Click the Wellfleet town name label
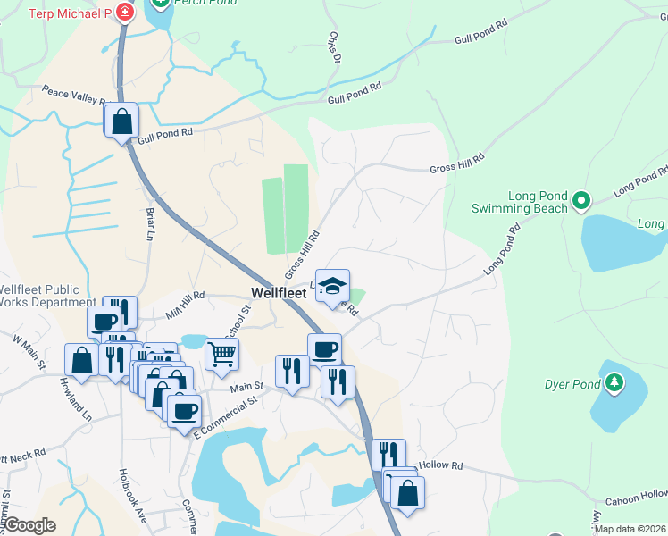pyautogui.click(x=279, y=293)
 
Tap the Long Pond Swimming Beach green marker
pyautogui.click(x=581, y=201)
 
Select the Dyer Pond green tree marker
pyautogui.click(x=614, y=384)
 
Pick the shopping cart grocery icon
pyautogui.click(x=221, y=353)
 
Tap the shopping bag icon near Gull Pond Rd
pyautogui.click(x=121, y=120)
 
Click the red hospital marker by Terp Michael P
pyautogui.click(x=124, y=13)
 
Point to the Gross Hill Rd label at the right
pyautogui.click(x=456, y=163)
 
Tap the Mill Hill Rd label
pyautogui.click(x=185, y=301)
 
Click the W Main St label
pyautogui.click(x=29, y=352)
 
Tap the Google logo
pyautogui.click(x=30, y=525)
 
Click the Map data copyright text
pyautogui.click(x=630, y=529)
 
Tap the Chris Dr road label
pyautogui.click(x=334, y=49)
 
